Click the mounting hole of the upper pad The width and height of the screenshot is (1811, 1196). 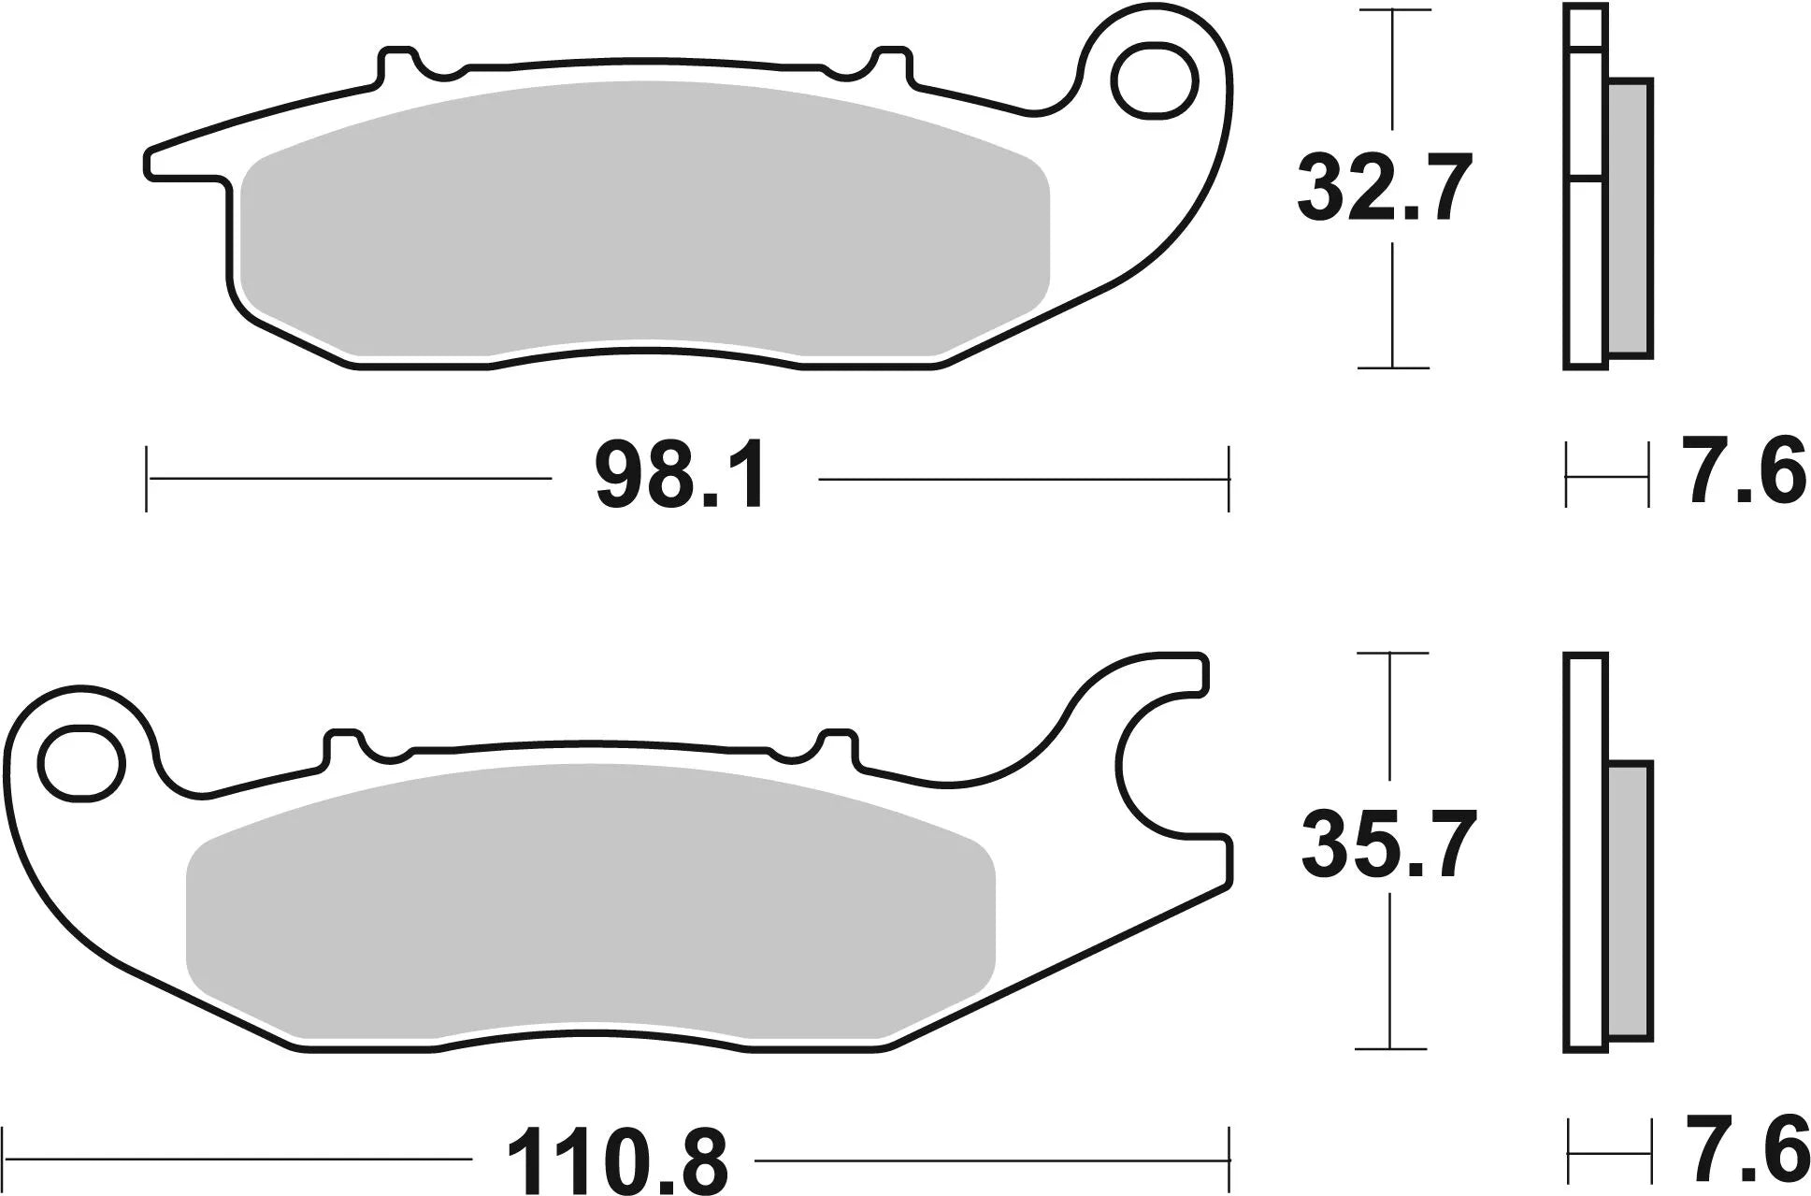(1156, 80)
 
